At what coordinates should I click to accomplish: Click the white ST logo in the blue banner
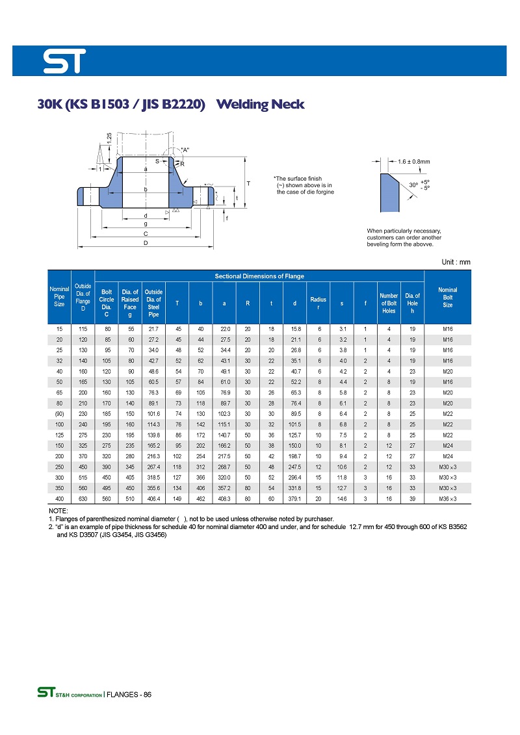click(x=64, y=61)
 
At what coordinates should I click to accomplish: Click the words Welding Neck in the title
click(x=259, y=104)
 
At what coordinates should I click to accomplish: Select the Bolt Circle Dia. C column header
click(x=107, y=303)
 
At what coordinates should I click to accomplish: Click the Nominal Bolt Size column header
click(x=447, y=297)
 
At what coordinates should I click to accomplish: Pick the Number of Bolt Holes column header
click(x=389, y=303)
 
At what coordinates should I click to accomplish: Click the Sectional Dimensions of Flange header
click(x=259, y=276)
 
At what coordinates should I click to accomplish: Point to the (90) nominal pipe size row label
click(x=59, y=414)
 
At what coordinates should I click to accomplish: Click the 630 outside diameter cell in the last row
click(x=83, y=498)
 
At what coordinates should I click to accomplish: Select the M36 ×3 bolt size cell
click(x=447, y=498)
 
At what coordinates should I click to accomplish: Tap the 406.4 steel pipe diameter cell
click(x=153, y=498)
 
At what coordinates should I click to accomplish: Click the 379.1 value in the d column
click(x=295, y=498)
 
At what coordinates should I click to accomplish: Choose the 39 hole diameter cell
click(x=412, y=498)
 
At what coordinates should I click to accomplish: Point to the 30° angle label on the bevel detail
click(x=413, y=185)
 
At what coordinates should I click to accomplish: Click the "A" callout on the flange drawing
click(x=185, y=150)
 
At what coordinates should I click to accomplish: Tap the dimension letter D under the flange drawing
click(x=146, y=243)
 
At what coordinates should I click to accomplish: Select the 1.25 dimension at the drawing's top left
click(x=109, y=138)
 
